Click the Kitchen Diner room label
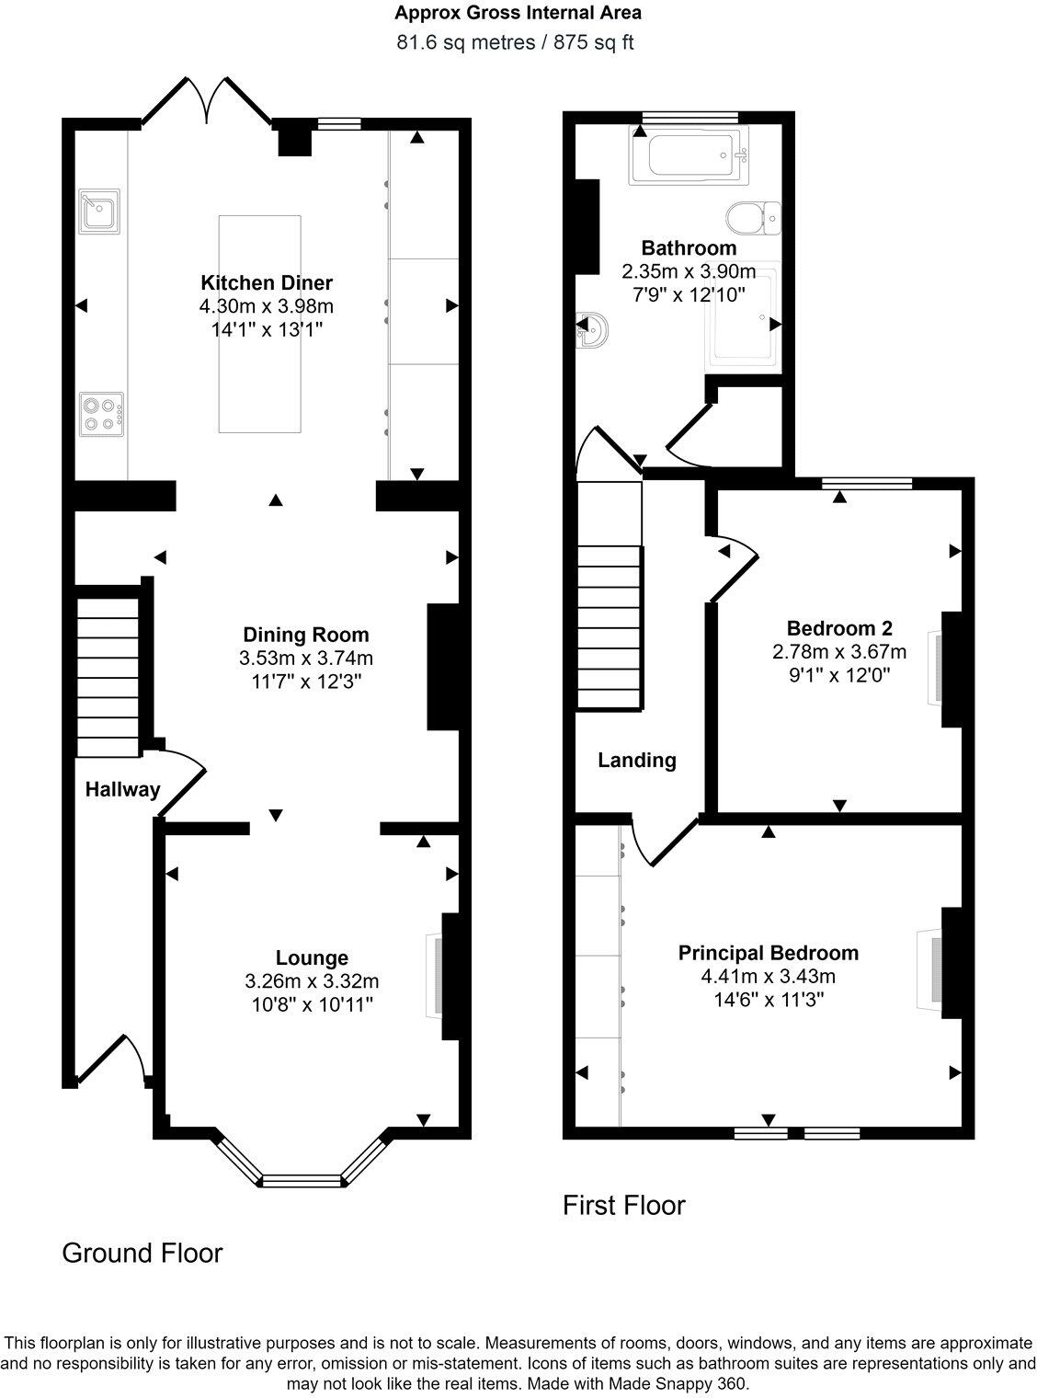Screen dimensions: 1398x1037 click(x=267, y=282)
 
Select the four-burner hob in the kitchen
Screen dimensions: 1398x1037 click(x=101, y=412)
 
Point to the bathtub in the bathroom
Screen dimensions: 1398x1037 click(x=691, y=155)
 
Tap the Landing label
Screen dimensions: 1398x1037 click(x=636, y=760)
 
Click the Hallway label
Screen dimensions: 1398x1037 click(x=122, y=788)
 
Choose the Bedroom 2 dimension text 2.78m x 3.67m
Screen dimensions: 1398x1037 click(x=839, y=652)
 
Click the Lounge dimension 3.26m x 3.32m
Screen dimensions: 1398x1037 click(x=312, y=981)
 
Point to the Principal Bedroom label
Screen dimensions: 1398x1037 click(x=768, y=953)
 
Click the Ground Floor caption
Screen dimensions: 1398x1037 click(x=142, y=1253)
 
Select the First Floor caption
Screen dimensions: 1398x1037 click(x=623, y=1205)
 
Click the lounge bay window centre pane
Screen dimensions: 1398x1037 click(x=301, y=1180)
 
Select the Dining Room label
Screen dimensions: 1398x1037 click(x=305, y=634)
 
